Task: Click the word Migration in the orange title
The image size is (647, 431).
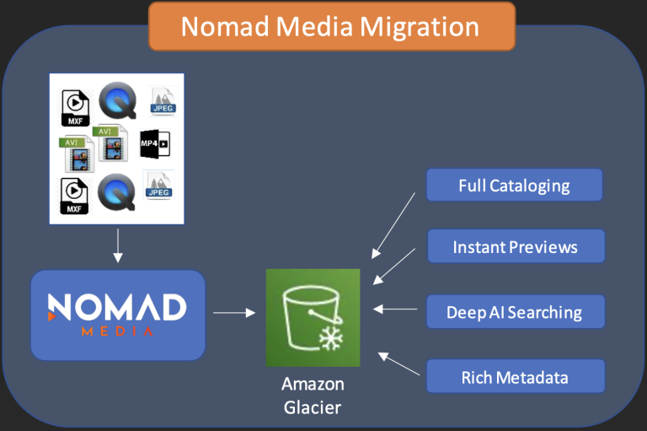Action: [x=420, y=28]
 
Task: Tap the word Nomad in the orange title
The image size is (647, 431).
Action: [x=225, y=27]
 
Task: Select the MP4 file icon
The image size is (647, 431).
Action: [x=155, y=143]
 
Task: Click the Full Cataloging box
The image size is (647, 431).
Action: [x=514, y=185]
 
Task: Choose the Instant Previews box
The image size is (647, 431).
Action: [x=516, y=246]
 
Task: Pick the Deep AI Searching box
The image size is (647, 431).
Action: [x=516, y=312]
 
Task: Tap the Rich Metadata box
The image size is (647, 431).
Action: [x=516, y=376]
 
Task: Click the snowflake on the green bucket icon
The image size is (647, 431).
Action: [x=331, y=338]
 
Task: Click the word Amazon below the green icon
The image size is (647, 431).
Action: [x=313, y=384]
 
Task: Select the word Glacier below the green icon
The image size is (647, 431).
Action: [x=313, y=407]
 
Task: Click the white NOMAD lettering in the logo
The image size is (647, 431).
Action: [x=117, y=307]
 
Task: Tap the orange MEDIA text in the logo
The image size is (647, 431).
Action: [x=117, y=331]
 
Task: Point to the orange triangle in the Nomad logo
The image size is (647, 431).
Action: [x=51, y=316]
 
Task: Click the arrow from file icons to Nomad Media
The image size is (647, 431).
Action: [x=118, y=245]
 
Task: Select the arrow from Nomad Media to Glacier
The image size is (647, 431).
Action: [x=234, y=313]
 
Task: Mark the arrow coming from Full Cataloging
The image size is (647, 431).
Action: [x=393, y=226]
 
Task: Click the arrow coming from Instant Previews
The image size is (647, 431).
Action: [x=394, y=267]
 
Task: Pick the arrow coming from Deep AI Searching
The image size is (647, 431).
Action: [x=395, y=309]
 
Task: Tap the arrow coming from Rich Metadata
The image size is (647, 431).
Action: [x=399, y=364]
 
